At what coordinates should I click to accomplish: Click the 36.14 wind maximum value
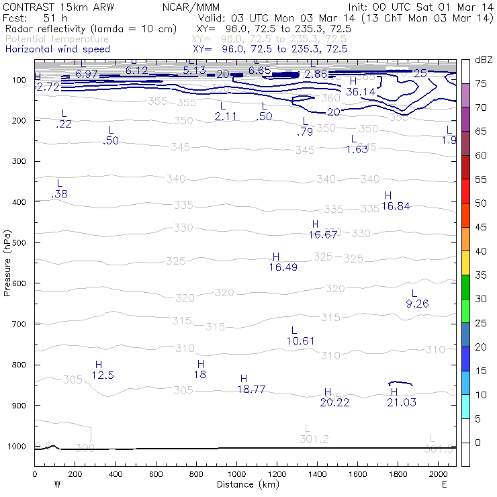(361, 91)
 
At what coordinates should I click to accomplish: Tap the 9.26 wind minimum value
(417, 304)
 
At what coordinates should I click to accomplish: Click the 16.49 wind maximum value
(283, 267)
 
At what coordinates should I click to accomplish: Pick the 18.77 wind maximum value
(251, 389)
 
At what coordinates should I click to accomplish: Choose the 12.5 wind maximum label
(103, 375)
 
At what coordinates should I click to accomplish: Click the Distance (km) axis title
(245, 484)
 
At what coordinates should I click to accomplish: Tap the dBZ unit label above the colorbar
(484, 60)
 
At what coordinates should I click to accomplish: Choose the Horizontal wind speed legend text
(57, 49)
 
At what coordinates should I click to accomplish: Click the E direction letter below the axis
(444, 484)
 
